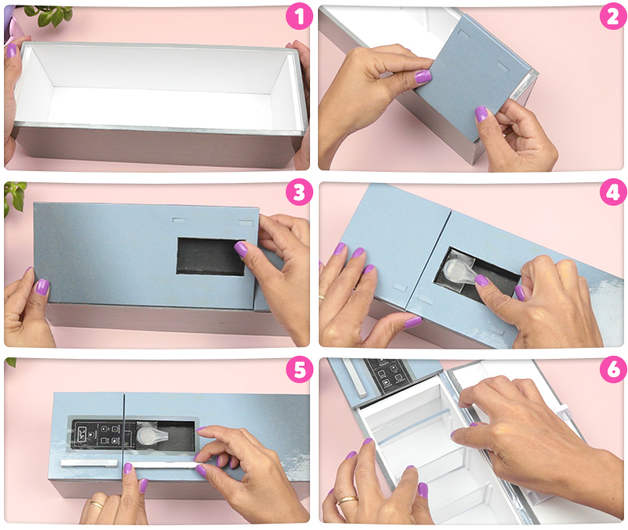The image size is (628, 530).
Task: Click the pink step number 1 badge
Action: click(x=299, y=16)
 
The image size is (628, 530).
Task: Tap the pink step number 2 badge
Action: click(x=613, y=16)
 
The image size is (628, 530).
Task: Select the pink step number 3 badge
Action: click(x=299, y=192)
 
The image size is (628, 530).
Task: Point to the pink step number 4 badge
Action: click(x=613, y=192)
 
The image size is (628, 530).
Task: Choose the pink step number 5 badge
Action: click(x=299, y=369)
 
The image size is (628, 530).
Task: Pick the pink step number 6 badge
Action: click(x=613, y=369)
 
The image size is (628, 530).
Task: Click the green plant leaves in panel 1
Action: click(x=49, y=15)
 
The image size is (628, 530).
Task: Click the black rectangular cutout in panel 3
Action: click(x=211, y=257)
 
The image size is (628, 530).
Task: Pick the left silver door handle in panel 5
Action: click(x=89, y=462)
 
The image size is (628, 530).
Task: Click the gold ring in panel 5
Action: click(x=96, y=505)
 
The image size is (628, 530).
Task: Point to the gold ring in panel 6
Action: click(x=347, y=500)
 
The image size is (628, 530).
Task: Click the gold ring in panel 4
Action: click(x=322, y=297)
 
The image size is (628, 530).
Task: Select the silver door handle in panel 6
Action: click(x=354, y=378)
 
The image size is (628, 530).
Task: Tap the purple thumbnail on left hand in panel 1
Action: click(x=12, y=50)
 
